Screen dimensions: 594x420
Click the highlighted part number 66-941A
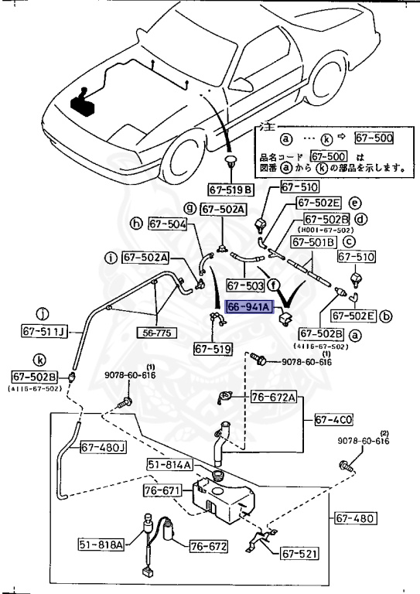click(x=249, y=307)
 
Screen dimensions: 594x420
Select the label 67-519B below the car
click(x=230, y=189)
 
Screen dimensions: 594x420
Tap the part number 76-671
click(x=162, y=491)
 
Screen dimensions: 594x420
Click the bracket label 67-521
click(x=299, y=554)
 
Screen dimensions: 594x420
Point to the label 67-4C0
click(x=334, y=420)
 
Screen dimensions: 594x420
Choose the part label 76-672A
click(x=273, y=398)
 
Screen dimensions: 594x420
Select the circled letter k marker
click(x=40, y=360)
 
